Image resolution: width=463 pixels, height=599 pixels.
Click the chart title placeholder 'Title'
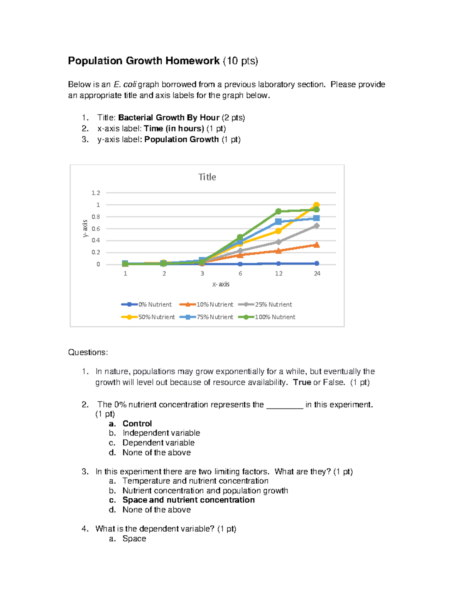pos(207,177)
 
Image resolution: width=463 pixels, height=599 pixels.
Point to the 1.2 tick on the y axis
pos(96,193)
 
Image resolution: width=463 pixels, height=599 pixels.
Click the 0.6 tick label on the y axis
pos(96,229)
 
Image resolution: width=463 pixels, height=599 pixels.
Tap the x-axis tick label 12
pos(279,273)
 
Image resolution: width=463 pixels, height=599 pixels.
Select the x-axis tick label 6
pos(240,273)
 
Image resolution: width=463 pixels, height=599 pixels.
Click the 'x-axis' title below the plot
pos(221,284)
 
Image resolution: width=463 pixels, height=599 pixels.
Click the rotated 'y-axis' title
pos(85,228)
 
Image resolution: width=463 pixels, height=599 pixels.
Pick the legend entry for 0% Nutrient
pos(147,304)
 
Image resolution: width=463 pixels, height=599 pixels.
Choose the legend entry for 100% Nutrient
pos(267,317)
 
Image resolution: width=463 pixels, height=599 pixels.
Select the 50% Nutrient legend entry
pos(148,317)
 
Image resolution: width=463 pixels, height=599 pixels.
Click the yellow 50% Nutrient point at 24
pos(316,205)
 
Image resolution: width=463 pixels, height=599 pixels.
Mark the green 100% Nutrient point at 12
pos(278,211)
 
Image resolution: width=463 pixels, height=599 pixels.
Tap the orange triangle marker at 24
pos(316,245)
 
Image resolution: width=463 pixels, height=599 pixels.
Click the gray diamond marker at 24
pos(316,226)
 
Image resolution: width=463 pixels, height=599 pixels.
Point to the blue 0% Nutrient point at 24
pos(316,263)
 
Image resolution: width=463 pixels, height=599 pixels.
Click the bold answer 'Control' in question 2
pos(137,424)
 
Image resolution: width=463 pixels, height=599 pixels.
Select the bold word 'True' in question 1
pos(302,382)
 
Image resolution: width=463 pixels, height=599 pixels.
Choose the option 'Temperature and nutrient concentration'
pos(195,481)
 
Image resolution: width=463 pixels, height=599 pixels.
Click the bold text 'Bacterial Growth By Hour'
pos(169,118)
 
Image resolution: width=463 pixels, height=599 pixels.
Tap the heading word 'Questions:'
pos(88,352)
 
